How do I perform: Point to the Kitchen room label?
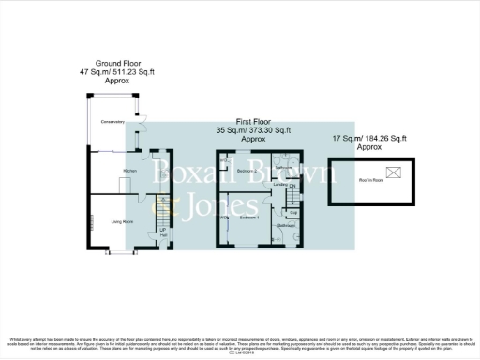(x=130, y=170)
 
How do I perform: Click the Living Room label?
(x=122, y=221)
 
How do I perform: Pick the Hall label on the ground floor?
(x=162, y=236)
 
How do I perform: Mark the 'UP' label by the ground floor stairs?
(x=162, y=229)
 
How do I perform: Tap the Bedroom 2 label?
(x=247, y=172)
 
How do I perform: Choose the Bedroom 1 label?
(x=249, y=217)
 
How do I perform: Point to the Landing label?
(x=279, y=185)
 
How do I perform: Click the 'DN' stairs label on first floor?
(x=292, y=187)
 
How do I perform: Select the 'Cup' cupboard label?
(x=292, y=212)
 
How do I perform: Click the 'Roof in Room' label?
(x=372, y=179)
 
